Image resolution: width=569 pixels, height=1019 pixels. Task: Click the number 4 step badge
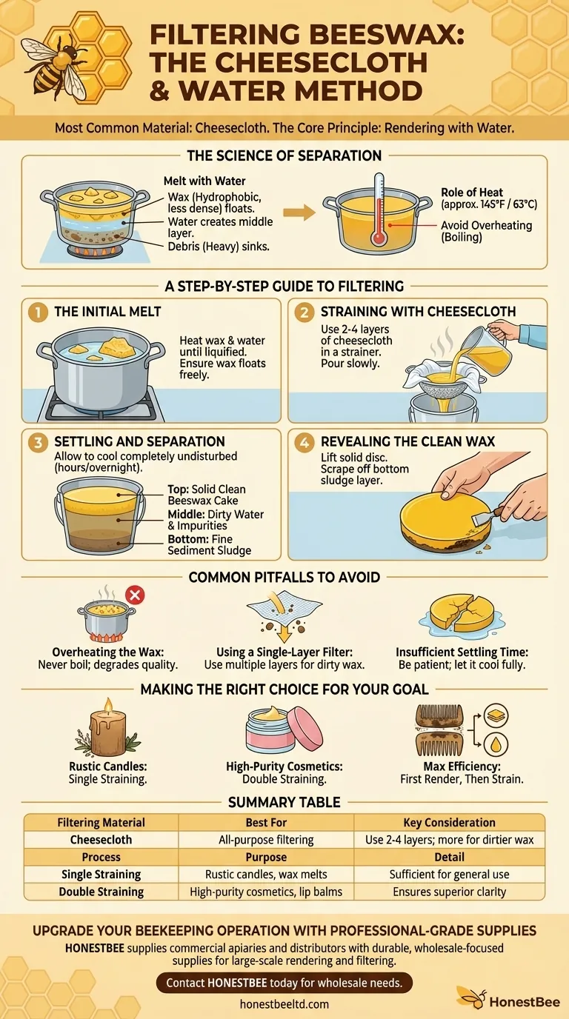[304, 442]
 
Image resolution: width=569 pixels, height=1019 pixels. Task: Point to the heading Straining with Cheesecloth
[418, 312]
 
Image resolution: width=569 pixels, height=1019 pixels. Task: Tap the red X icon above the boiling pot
[134, 594]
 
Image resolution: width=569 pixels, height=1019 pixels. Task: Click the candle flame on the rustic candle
[108, 706]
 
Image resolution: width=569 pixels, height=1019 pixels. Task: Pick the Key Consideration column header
[449, 822]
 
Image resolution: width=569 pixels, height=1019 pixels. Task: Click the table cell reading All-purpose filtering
[266, 840]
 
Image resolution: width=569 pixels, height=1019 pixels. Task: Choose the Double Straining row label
[101, 892]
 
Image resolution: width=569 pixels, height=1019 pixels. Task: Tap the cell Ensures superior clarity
[449, 892]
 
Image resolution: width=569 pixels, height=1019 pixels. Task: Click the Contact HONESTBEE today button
[284, 983]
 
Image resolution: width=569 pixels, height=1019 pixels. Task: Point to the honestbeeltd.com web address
[284, 1004]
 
